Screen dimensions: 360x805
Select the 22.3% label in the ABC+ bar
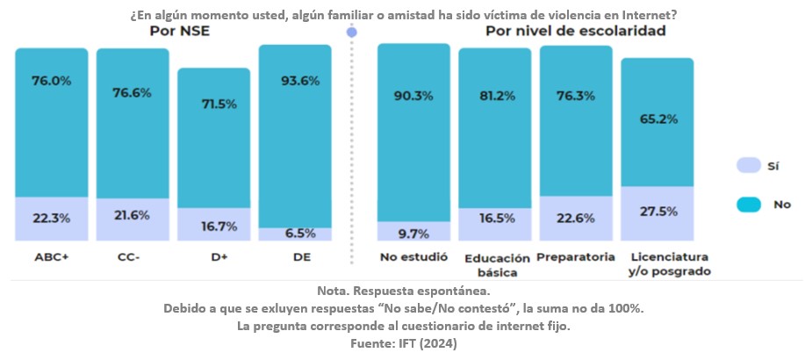[x=52, y=218]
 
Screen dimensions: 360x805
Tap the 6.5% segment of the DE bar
[x=295, y=234]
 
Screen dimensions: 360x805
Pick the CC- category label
[x=132, y=257]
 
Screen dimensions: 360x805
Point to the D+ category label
[x=213, y=257]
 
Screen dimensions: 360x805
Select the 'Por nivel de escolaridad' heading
[x=575, y=32]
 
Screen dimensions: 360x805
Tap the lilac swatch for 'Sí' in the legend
[x=747, y=164]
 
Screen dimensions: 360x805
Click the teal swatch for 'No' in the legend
[x=747, y=204]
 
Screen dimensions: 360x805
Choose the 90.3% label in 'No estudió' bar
[x=413, y=97]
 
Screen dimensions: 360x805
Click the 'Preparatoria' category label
[x=576, y=257]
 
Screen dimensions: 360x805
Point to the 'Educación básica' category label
[x=497, y=265]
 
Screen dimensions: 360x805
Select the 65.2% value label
[x=657, y=116]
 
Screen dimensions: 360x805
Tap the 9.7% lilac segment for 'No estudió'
[x=413, y=233]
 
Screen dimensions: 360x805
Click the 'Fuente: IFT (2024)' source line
[x=403, y=343]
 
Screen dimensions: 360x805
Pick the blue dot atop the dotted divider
[x=352, y=32]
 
